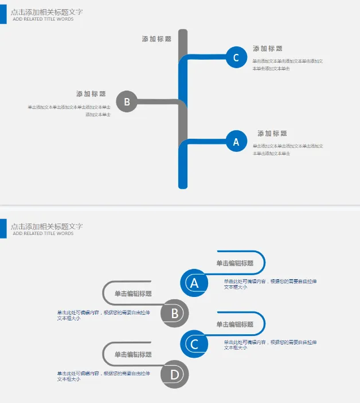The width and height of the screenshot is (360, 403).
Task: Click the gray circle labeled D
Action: point(175,374)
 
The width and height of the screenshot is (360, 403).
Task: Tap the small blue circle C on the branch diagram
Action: point(236,57)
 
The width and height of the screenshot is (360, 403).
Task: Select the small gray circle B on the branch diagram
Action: point(127,102)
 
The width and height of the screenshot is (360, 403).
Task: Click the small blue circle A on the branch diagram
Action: point(236,142)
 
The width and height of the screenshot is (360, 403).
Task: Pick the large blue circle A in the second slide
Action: point(194,283)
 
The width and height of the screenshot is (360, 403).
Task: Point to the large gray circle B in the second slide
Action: point(175,313)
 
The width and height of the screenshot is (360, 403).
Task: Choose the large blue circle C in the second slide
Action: point(194,344)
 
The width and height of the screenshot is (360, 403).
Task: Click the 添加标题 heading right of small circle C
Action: point(268,49)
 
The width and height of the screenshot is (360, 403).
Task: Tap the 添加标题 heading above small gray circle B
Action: point(91,94)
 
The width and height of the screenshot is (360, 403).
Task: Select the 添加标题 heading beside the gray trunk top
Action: point(156,39)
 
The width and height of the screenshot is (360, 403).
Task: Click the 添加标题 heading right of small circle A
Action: point(272,134)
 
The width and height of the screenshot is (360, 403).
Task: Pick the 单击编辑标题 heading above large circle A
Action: point(234,263)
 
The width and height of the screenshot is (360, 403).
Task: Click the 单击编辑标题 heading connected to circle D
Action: point(133,355)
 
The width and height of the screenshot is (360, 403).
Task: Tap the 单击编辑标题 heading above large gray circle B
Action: point(133,294)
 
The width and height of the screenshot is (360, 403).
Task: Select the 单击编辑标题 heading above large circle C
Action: point(234,324)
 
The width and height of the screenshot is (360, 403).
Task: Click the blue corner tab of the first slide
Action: point(3,14)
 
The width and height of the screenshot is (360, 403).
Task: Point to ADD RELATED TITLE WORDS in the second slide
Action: point(43,233)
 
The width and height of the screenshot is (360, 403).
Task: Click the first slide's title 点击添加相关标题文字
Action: point(46,11)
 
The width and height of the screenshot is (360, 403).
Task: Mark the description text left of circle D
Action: point(103,376)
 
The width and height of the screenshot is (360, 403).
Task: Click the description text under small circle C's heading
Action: point(287,64)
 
